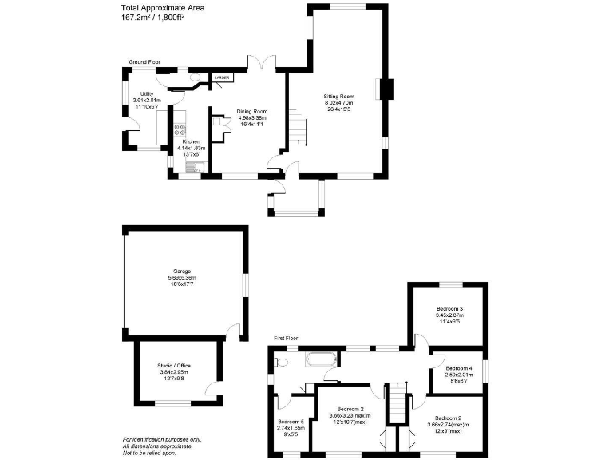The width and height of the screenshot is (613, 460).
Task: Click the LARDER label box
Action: pyautogui.click(x=221, y=77)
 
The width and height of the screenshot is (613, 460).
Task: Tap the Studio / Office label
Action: pyautogui.click(x=174, y=369)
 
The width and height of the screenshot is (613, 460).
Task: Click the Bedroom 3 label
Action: pyautogui.click(x=449, y=312)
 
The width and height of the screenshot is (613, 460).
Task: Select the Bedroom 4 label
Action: pyautogui.click(x=458, y=372)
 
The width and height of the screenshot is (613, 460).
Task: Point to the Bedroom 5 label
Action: pyautogui.click(x=291, y=425)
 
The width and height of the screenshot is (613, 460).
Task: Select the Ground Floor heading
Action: pyautogui.click(x=145, y=61)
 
